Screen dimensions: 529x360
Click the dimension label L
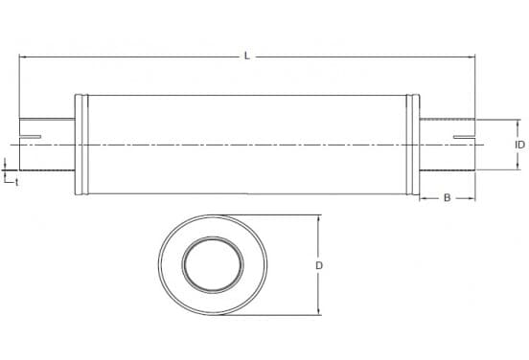pyautogui.click(x=247, y=56)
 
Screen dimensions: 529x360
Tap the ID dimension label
pyautogui.click(x=519, y=145)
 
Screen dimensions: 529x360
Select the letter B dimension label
pyautogui.click(x=447, y=198)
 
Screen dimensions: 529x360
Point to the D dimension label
pyautogui.click(x=319, y=265)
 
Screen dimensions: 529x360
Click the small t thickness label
pyautogui.click(x=16, y=182)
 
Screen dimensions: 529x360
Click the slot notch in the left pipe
pyautogui.click(x=31, y=137)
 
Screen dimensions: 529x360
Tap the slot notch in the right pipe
pyautogui.click(x=464, y=137)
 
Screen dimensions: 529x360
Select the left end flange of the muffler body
pyautogui.click(x=81, y=145)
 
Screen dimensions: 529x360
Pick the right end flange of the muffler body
pyautogui.click(x=413, y=145)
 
